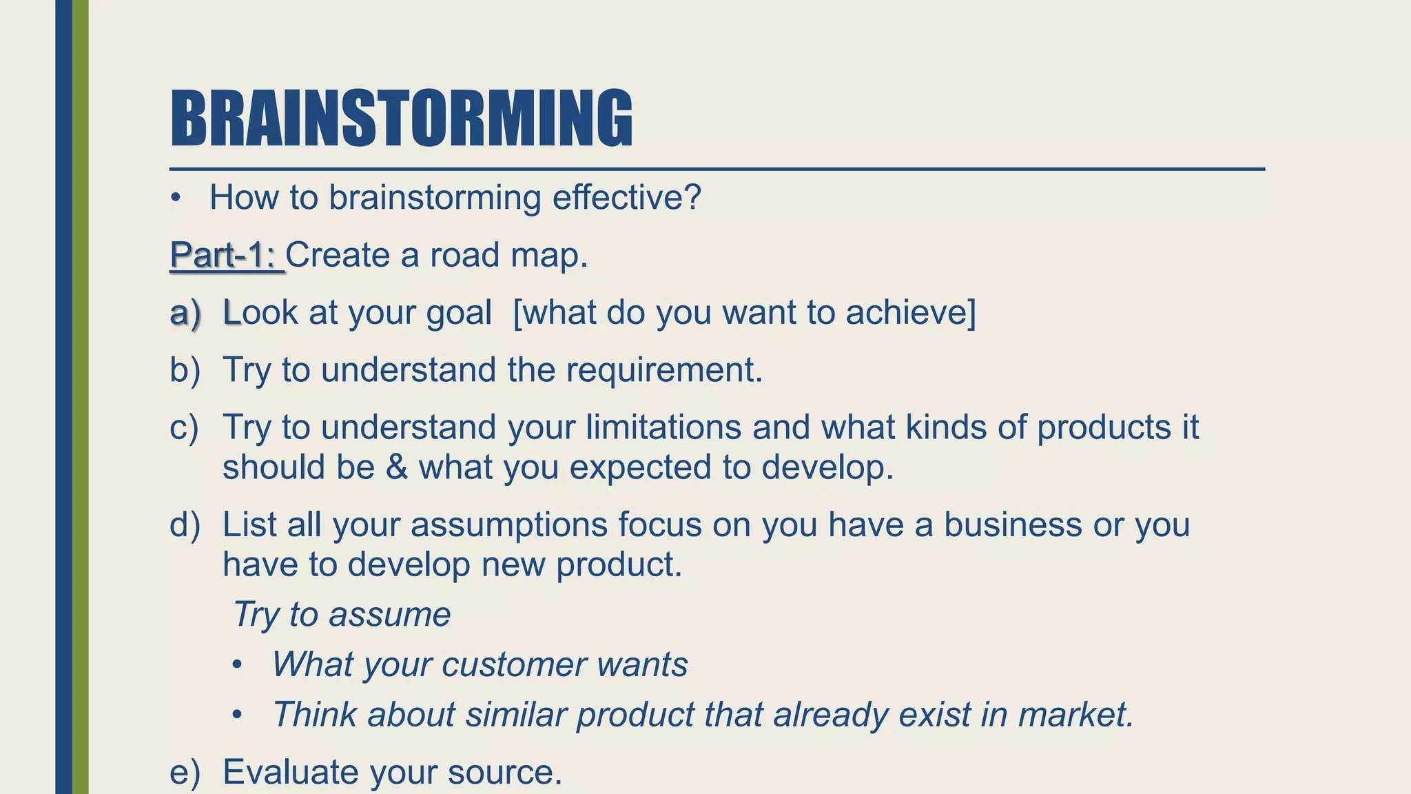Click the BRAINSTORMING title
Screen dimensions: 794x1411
(x=401, y=119)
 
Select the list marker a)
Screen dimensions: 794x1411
(x=185, y=313)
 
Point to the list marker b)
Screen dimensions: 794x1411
(x=185, y=370)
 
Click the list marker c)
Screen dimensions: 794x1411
(x=184, y=427)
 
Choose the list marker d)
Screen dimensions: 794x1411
(x=185, y=525)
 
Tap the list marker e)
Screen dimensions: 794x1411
(x=185, y=772)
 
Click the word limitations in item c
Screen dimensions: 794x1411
(x=663, y=427)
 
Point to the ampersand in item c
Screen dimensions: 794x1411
(x=396, y=467)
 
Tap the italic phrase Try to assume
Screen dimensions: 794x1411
(x=342, y=614)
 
